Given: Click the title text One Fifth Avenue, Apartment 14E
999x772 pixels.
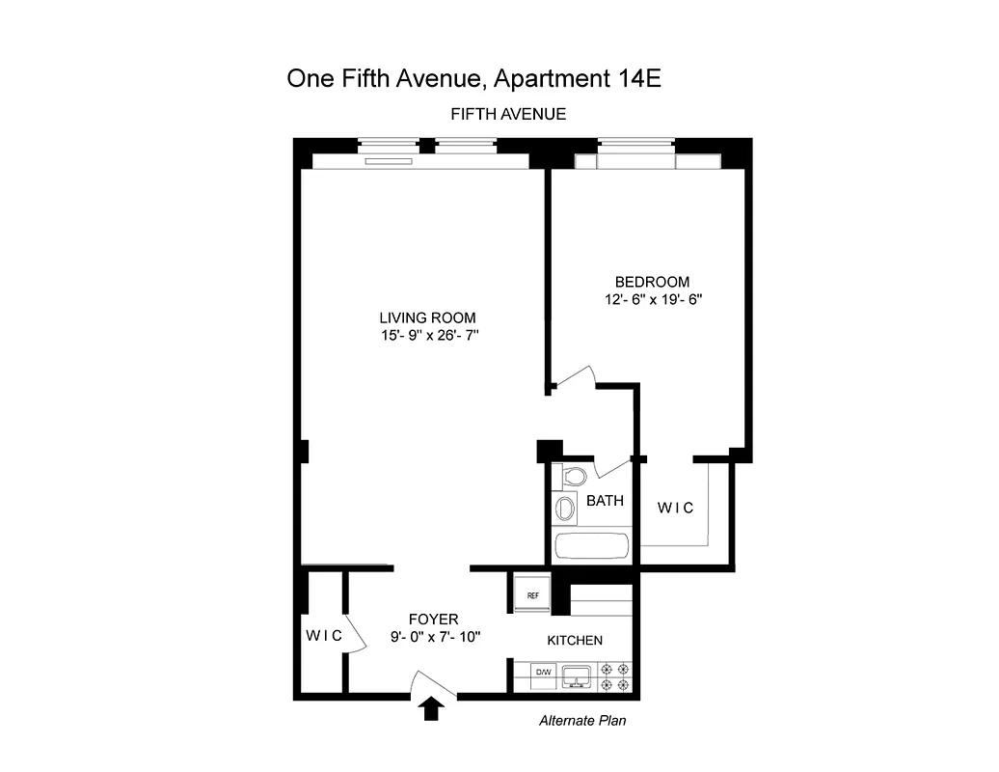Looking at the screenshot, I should click(473, 78).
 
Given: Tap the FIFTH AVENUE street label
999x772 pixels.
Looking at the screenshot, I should click(508, 114).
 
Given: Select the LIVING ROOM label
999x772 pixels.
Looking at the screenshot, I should click(427, 317).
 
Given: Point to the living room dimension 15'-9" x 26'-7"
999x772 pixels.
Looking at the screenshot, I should click(429, 336).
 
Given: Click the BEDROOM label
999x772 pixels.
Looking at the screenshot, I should click(653, 282).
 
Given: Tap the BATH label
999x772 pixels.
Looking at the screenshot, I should click(605, 501).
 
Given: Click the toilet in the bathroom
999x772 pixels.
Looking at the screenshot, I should click(574, 476).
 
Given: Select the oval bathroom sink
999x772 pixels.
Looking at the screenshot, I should click(566, 509).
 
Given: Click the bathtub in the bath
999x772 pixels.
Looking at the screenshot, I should click(592, 545).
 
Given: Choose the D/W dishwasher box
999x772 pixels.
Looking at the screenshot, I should click(543, 673).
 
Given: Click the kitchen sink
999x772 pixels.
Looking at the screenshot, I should click(577, 675).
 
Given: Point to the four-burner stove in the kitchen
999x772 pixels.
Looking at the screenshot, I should click(614, 675).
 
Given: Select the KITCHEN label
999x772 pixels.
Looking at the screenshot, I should click(575, 641).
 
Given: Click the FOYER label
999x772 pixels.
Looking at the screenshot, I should click(433, 619).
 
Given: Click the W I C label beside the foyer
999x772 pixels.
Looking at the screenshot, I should click(324, 635).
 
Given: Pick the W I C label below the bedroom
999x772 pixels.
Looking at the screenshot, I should click(675, 508).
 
